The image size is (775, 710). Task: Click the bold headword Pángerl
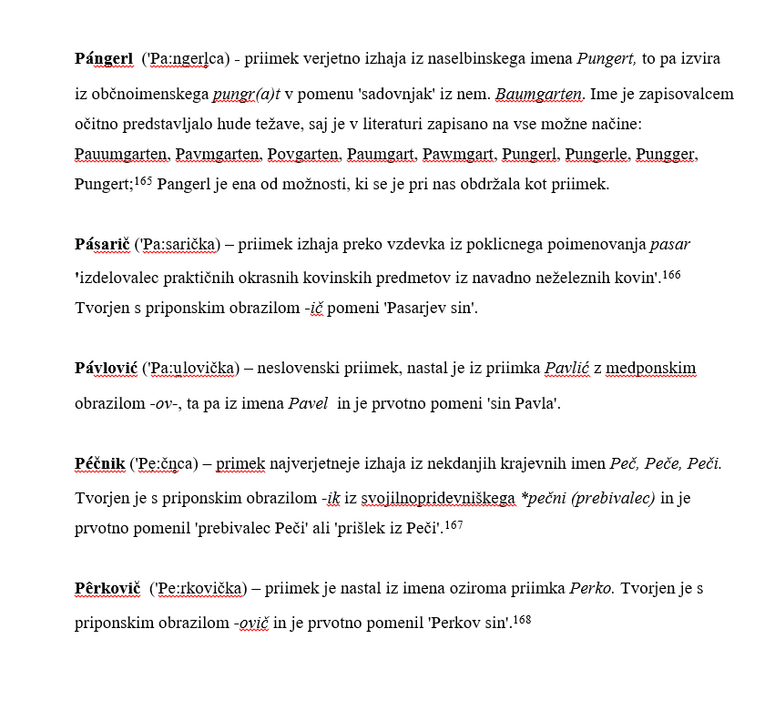(104, 59)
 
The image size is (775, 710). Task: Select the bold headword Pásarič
(101, 245)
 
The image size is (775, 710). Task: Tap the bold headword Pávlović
(105, 369)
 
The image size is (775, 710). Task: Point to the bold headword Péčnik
(99, 464)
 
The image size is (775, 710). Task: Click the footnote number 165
(143, 180)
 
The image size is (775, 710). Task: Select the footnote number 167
(454, 525)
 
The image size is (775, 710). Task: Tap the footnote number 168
(522, 620)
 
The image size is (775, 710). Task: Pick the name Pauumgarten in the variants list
(121, 155)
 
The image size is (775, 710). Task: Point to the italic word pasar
(670, 245)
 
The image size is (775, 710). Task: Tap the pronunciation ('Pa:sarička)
(178, 245)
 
